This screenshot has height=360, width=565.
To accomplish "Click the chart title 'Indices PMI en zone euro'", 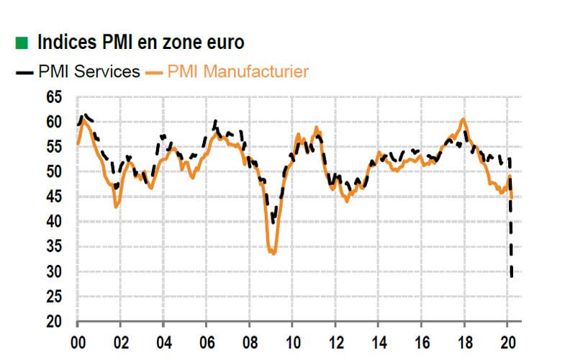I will (140, 42).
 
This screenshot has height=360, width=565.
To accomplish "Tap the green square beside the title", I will (22, 43).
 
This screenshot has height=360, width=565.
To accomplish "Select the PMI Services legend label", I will (89, 71).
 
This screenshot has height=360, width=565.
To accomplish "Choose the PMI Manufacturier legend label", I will (238, 71).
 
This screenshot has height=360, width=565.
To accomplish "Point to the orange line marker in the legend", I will (155, 72).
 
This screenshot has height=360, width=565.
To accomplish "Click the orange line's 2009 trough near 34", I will (273, 253).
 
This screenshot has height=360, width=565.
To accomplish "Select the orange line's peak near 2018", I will (463, 119).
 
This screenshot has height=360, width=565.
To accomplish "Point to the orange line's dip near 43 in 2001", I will (116, 207).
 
